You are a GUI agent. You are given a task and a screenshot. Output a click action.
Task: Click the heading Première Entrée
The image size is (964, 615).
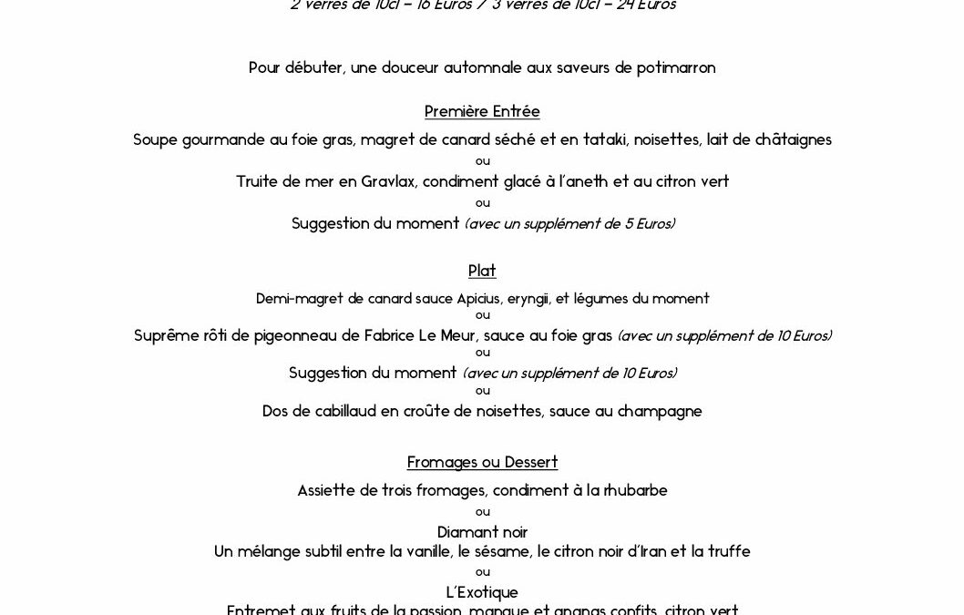[482, 112]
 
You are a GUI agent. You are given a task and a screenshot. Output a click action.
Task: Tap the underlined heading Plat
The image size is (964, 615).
[482, 271]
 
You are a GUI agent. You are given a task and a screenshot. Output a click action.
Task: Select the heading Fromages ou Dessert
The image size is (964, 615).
[482, 462]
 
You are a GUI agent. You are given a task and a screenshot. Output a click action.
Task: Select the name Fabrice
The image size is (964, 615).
[395, 336]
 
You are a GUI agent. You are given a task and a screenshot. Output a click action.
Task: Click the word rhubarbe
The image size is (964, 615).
[635, 490]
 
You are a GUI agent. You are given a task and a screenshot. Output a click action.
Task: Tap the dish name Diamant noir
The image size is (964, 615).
[482, 532]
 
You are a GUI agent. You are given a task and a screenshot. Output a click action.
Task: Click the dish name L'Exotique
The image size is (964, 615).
[482, 593]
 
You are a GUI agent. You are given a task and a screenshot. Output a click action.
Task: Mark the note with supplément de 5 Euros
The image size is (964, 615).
[569, 224]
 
